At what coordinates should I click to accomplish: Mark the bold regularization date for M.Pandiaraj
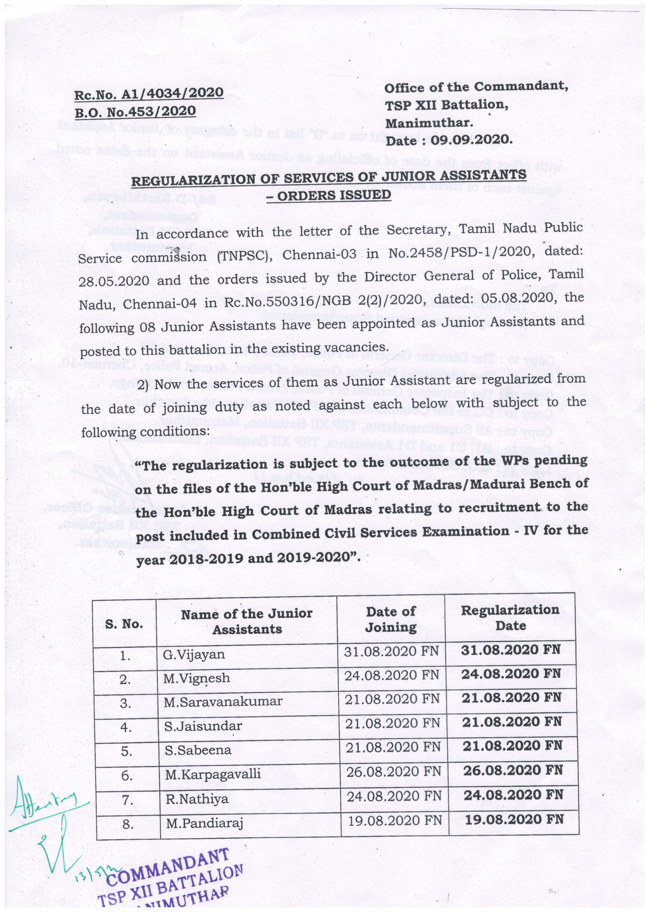(514, 819)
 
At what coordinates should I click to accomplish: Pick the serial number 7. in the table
(127, 799)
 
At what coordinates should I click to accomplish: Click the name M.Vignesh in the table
(196, 678)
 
